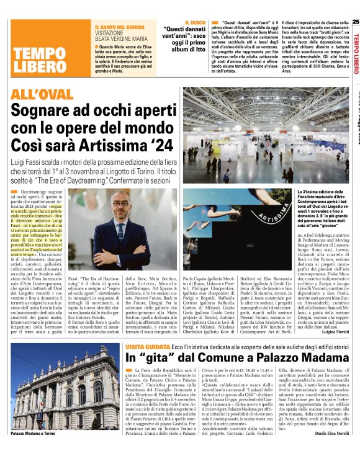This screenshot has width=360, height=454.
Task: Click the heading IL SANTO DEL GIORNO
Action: click(120, 28)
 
